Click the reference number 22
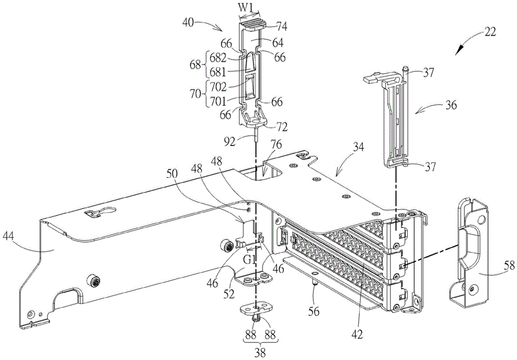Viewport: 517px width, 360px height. (490, 33)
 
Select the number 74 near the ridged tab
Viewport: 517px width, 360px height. (281, 26)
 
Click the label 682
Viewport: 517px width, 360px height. (218, 58)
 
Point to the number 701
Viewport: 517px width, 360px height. (218, 101)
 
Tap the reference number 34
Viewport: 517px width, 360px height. (358, 147)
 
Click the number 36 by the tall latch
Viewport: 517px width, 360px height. (450, 106)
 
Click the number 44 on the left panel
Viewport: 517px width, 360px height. (9, 236)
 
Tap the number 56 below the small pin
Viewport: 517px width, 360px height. (314, 311)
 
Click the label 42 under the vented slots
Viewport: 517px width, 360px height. (357, 334)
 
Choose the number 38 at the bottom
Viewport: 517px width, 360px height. (260, 354)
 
